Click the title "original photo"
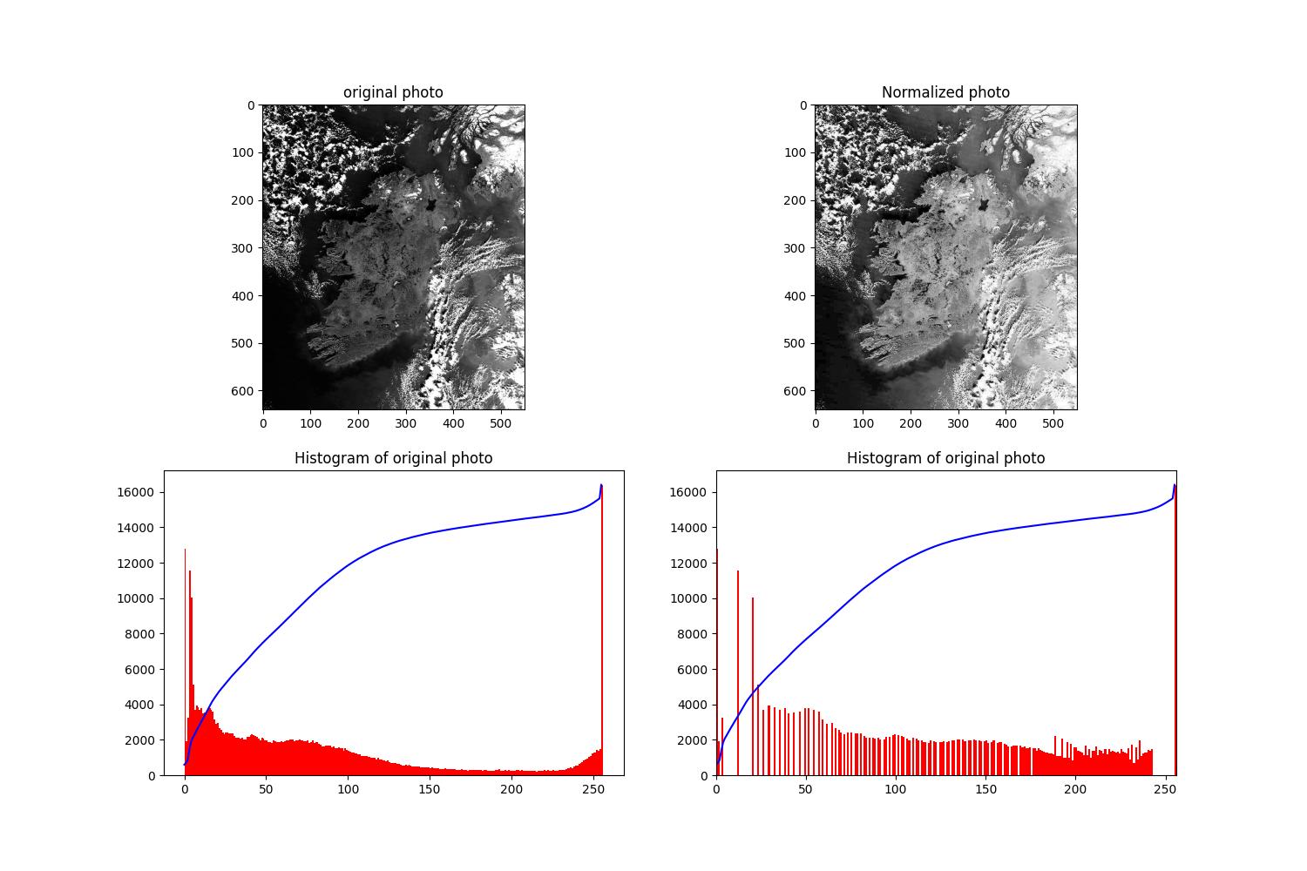coord(393,92)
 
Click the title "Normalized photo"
coord(945,92)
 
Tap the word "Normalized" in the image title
coord(915,92)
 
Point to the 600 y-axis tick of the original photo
coord(245,391)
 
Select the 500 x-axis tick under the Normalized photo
coord(1053,423)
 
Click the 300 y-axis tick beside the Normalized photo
coord(797,248)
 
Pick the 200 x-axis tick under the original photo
coord(358,423)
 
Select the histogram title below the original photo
coord(393,458)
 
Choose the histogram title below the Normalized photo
coord(945,458)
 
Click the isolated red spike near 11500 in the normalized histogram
coord(738,671)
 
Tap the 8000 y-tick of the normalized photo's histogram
coord(690,634)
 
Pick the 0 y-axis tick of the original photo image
coord(251,105)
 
